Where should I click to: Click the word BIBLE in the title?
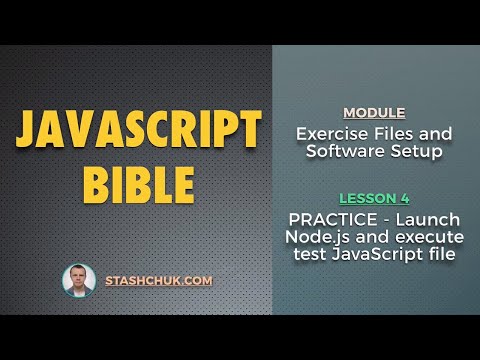pyautogui.click(x=139, y=184)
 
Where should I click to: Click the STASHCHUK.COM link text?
pyautogui.click(x=159, y=281)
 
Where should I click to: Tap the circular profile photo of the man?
pyautogui.click(x=79, y=281)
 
